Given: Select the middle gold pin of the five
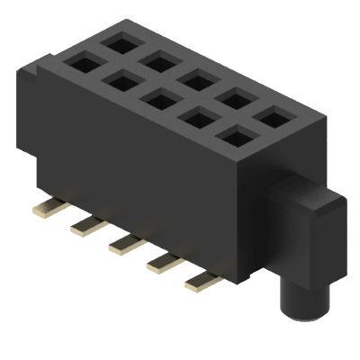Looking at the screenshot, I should (x=124, y=242).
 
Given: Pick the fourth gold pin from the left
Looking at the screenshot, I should (x=163, y=262).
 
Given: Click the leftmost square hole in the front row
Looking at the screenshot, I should (x=79, y=64).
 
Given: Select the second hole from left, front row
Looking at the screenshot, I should (x=119, y=82).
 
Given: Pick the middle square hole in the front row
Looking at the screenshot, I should (x=157, y=99).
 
